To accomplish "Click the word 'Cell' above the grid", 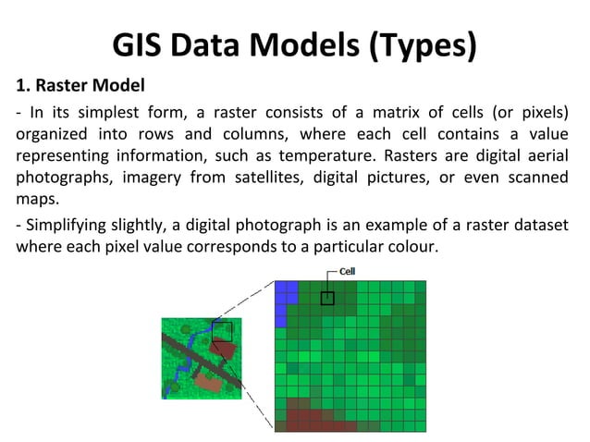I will (x=347, y=272).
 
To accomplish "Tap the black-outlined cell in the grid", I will (x=327, y=298).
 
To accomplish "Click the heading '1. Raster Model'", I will (x=80, y=88).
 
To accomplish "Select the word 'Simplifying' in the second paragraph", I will (x=63, y=227).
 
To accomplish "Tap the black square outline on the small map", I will (x=222, y=330).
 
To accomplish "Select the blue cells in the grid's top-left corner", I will (x=287, y=292).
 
